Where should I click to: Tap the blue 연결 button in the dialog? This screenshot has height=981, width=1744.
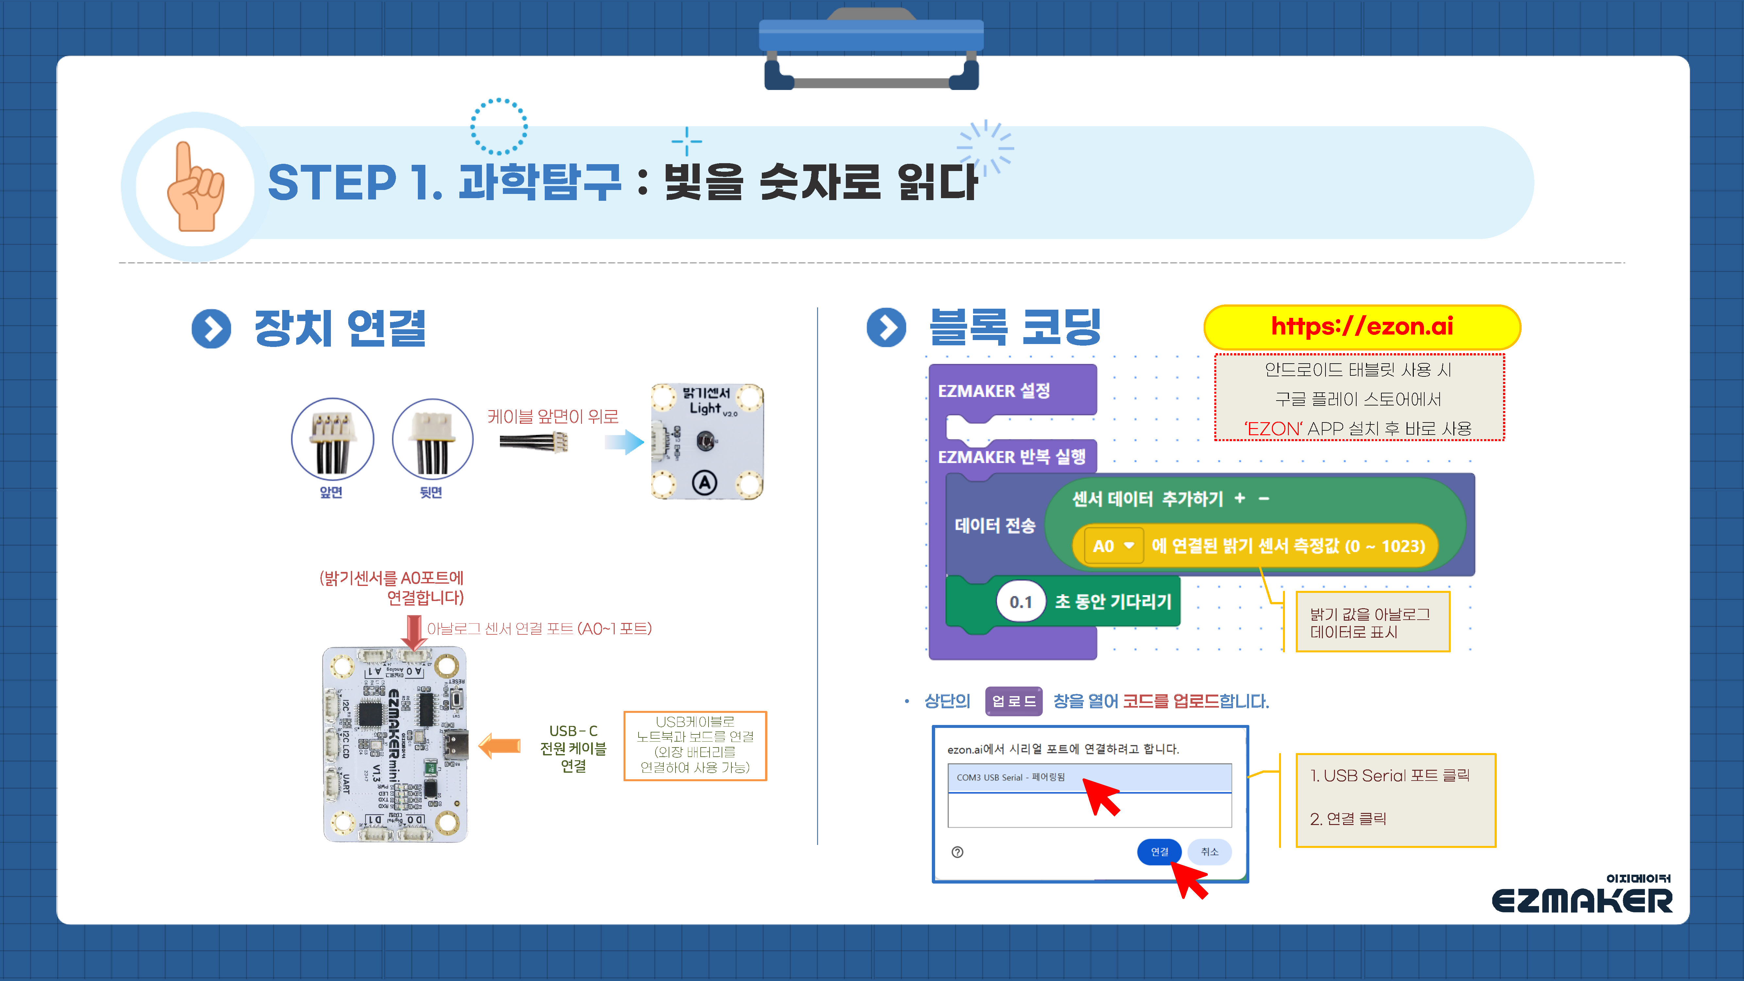(1159, 852)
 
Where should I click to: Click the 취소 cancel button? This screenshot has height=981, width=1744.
(1209, 852)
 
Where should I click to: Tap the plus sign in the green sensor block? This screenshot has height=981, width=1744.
(1240, 498)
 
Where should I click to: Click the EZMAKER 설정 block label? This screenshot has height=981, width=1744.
(994, 391)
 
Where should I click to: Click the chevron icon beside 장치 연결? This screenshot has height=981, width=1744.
(211, 329)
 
